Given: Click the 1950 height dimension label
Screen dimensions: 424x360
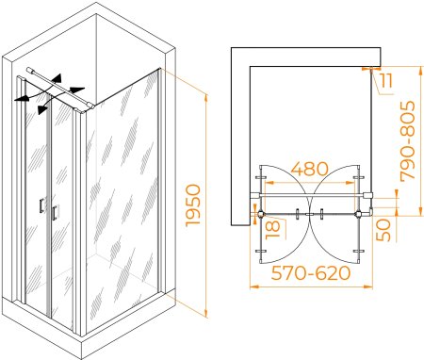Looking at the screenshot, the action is (x=193, y=205).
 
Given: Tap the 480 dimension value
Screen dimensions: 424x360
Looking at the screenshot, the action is (x=309, y=169).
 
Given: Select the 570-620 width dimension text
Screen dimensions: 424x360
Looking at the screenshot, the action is (x=310, y=273).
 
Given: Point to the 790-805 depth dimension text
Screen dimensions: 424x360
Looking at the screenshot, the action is (x=408, y=141).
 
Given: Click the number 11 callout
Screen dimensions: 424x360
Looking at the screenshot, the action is (x=385, y=80).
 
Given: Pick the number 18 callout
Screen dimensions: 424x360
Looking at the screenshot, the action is (x=272, y=230).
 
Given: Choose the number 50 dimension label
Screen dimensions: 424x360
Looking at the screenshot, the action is (x=383, y=230).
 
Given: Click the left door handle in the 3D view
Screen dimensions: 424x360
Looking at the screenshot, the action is (x=41, y=205).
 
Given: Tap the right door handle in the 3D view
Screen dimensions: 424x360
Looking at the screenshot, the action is (x=55, y=212).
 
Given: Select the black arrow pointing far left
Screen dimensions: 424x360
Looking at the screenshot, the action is (x=22, y=98).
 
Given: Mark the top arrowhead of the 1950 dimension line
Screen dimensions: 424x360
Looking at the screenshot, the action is (x=205, y=98).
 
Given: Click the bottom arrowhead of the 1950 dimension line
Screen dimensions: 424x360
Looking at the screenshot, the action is (x=205, y=313).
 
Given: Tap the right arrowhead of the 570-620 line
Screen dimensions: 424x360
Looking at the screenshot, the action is (x=368, y=286).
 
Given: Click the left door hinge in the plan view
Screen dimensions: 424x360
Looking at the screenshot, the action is (x=261, y=215).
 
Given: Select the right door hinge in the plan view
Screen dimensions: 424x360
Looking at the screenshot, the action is (x=358, y=215).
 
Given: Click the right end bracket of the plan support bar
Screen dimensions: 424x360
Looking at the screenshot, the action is (x=367, y=195).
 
